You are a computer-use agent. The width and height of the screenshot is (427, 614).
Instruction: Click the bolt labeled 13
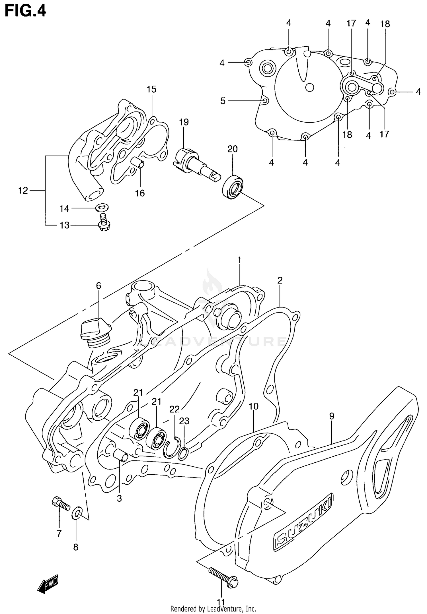point(104,223)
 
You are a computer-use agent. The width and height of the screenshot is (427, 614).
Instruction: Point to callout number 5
point(223,101)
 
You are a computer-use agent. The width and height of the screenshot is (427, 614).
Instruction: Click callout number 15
point(151,90)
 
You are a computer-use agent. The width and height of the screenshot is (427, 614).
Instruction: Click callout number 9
point(332,416)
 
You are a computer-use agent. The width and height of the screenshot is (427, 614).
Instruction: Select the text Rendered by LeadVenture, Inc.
point(213,609)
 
